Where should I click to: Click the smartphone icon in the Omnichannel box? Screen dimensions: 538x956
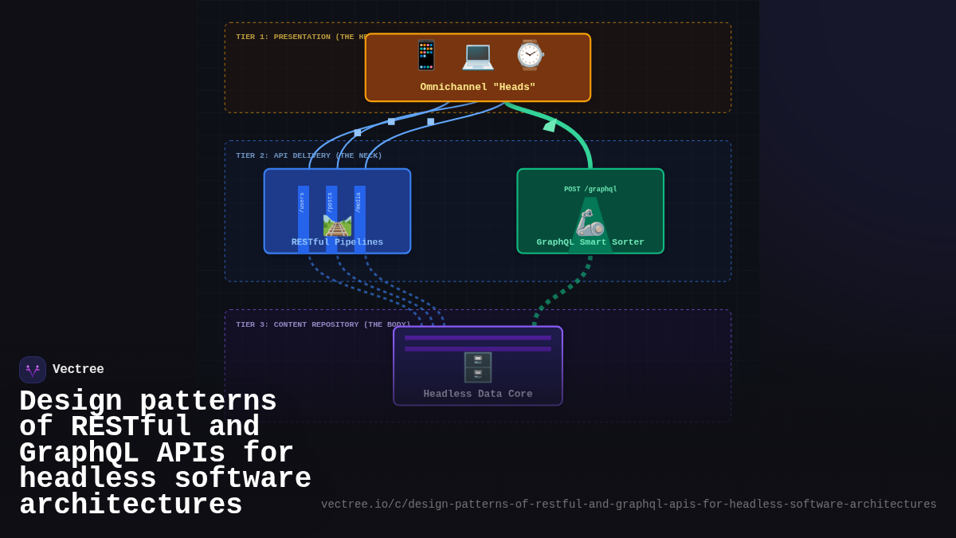426,55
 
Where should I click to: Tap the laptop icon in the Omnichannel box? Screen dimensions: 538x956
478,55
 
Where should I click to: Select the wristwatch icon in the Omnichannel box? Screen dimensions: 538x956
529,55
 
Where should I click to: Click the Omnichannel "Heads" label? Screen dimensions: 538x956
477,87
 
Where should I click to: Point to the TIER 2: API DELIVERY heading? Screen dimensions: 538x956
308,155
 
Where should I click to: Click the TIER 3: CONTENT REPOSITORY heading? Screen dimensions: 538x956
323,324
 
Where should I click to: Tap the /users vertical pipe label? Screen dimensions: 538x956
303,202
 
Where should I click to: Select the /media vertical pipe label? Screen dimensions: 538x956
359,202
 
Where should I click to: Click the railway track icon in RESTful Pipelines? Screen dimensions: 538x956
337,225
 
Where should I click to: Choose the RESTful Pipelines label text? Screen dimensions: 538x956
337,242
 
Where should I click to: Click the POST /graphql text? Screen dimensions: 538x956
590,190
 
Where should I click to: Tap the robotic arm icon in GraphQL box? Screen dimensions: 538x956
590,222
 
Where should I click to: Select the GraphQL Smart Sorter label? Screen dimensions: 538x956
590,242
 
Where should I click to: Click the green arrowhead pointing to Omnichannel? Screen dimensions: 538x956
550,124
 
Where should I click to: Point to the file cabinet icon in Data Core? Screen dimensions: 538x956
478,367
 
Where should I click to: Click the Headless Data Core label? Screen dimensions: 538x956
478,394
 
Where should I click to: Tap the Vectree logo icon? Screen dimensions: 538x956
33,370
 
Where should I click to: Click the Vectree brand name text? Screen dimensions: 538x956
78,370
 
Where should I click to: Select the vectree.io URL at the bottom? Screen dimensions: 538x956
629,505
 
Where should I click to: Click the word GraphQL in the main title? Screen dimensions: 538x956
79,454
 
